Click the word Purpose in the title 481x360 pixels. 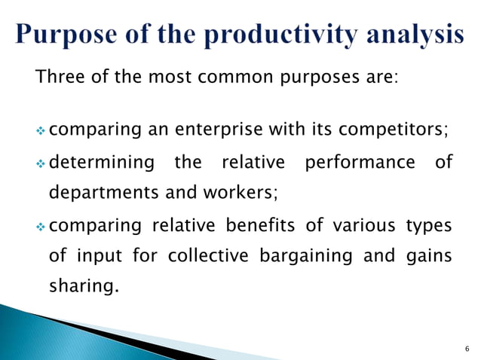click(x=69, y=36)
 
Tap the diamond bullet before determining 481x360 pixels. click(x=41, y=163)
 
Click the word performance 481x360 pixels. click(x=357, y=162)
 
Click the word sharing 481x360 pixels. click(x=84, y=287)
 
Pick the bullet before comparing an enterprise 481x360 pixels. click(x=41, y=131)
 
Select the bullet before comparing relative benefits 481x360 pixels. click(x=41, y=225)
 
